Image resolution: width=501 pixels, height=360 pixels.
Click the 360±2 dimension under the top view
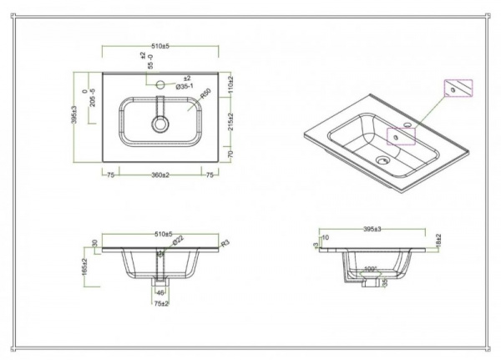160,175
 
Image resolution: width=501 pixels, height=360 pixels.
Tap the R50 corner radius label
204,96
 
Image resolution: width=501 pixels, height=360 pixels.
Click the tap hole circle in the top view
160,84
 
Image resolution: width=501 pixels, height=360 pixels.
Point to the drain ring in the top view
160,124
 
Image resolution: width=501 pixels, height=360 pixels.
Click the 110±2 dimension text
230,84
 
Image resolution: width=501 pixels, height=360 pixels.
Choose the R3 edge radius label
225,244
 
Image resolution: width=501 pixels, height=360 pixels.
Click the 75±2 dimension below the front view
160,305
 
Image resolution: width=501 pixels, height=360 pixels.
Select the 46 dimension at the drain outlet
159,293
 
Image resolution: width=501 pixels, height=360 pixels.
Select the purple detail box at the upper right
458,89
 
